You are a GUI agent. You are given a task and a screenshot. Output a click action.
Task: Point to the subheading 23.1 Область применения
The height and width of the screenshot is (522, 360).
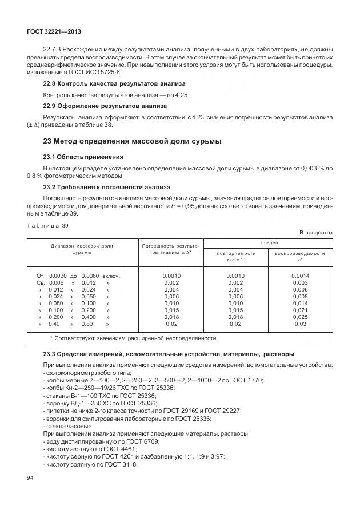tap(83, 157)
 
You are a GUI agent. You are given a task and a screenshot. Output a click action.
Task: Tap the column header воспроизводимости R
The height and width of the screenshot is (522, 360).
tap(300, 256)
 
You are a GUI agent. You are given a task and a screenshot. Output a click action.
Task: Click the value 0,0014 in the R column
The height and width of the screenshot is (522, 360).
tap(300, 276)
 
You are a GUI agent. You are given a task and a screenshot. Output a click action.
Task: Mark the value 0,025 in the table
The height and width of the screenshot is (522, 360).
tap(300, 317)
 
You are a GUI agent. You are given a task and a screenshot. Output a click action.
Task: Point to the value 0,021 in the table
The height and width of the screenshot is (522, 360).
tap(300, 310)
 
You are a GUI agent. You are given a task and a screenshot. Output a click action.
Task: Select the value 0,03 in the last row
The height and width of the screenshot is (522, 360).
tap(300, 324)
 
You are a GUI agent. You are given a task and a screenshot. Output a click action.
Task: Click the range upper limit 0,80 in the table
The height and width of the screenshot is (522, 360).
tap(88, 324)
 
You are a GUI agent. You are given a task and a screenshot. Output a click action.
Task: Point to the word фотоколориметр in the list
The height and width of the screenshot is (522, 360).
tap(68, 372)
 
